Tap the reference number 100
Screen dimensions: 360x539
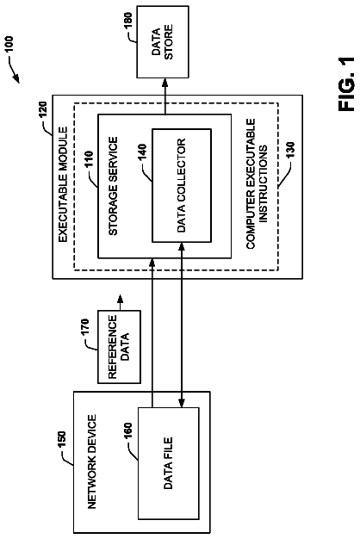point(9,45)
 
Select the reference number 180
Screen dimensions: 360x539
point(127,22)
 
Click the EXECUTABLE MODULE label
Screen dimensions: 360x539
point(63,184)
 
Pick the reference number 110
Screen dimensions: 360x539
point(89,159)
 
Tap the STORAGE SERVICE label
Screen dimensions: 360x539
point(113,186)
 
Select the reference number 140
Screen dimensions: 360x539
point(142,152)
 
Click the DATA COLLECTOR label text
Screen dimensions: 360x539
point(181,185)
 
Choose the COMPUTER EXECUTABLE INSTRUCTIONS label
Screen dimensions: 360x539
point(257,184)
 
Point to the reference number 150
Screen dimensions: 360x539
point(61,440)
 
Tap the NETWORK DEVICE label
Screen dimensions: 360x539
point(92,462)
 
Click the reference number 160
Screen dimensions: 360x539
point(127,431)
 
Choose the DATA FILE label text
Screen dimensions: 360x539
point(168,463)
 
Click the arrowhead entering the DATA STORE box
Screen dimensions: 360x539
point(165,83)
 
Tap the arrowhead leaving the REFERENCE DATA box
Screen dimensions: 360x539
point(120,298)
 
